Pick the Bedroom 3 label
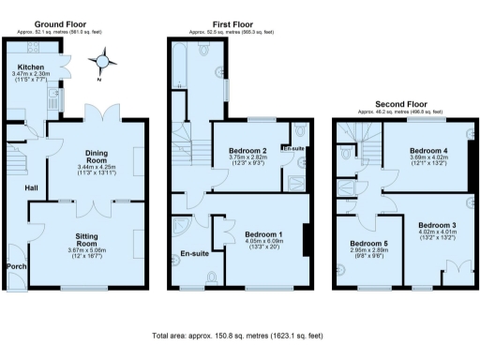click(436, 226)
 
